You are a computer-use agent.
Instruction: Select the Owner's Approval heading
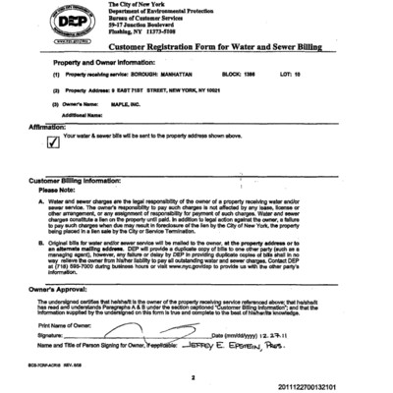(x=65, y=290)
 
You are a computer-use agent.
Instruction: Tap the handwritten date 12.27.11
(x=296, y=336)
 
